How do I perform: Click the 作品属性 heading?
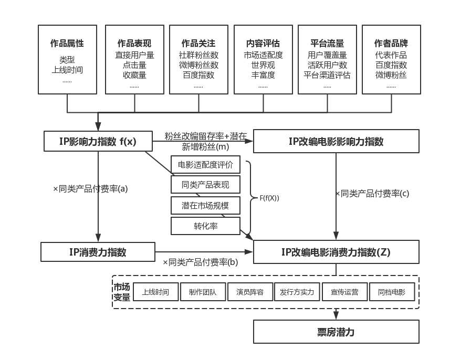coord(67,44)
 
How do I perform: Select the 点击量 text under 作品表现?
coord(134,65)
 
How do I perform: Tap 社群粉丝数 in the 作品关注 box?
coord(198,55)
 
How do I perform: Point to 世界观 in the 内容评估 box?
coord(263,65)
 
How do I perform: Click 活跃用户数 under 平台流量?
coord(327,65)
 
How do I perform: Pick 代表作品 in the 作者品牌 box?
coord(391,55)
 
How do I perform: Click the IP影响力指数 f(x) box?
coord(98,141)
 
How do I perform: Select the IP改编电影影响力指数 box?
coord(336,141)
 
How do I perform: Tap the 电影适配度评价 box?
coord(205,165)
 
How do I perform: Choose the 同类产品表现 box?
coord(205,185)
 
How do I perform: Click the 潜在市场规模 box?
coord(205,206)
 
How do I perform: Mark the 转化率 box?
coord(205,226)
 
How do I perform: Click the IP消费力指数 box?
coord(98,252)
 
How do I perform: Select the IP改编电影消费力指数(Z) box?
coord(336,252)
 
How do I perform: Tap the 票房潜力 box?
coord(336,332)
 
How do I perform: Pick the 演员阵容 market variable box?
coord(249,292)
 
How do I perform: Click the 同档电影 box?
coord(392,292)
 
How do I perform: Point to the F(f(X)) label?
coord(269,198)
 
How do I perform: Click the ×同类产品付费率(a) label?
coord(90,189)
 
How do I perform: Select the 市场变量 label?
coord(122,292)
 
